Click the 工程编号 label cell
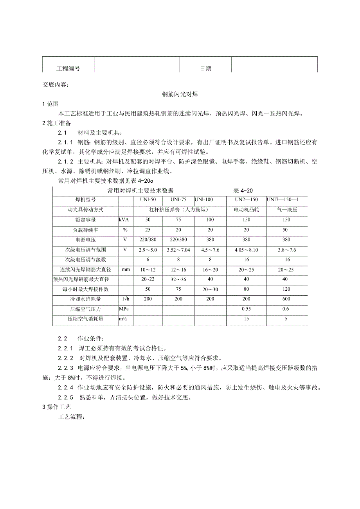click(x=68, y=68)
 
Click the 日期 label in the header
click(x=205, y=68)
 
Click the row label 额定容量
click(x=86, y=220)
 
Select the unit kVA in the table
click(x=124, y=220)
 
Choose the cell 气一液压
click(x=286, y=210)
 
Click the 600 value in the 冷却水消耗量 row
click(x=286, y=299)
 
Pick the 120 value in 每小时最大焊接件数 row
click(x=286, y=289)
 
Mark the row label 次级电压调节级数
click(x=86, y=259)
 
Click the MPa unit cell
click(x=124, y=309)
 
